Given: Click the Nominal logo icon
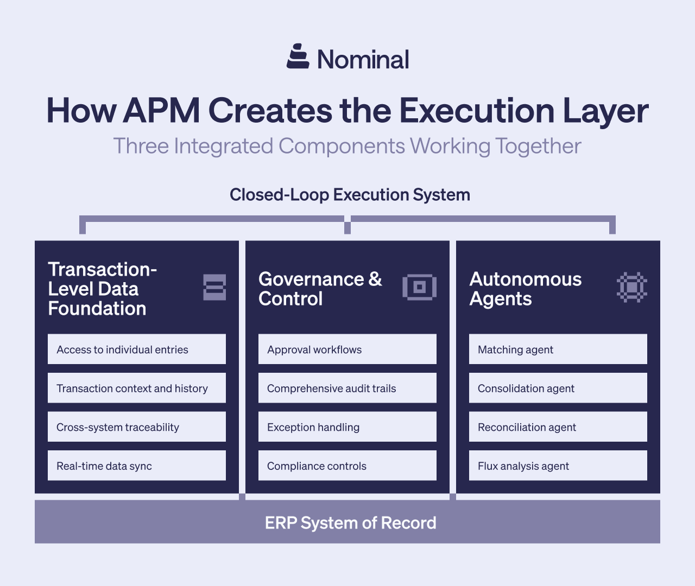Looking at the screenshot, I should tap(298, 56).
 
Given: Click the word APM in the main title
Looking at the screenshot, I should tap(161, 111).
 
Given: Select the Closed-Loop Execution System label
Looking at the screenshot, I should tap(350, 195).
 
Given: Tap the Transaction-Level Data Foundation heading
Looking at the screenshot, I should tap(102, 289).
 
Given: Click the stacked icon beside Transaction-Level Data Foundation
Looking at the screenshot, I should tap(214, 287).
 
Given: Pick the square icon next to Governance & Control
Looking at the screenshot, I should tap(419, 287).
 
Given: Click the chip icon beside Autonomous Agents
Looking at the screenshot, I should tap(631, 287).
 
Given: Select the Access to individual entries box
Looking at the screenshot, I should tap(137, 349).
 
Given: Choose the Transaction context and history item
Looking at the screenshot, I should tap(137, 388).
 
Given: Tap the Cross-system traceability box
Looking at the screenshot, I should tap(137, 427).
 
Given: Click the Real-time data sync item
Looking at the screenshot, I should tap(137, 466).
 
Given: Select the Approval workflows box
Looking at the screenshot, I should tap(347, 349).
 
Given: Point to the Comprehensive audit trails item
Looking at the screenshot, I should tap(347, 388).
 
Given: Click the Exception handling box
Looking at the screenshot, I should tap(347, 427).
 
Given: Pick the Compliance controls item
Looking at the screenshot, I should tap(347, 466).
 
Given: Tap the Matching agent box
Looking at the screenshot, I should tap(558, 349).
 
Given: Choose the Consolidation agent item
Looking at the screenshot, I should tap(558, 388).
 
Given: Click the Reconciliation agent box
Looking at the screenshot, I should tap(558, 427).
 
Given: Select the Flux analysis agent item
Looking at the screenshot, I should tap(558, 466).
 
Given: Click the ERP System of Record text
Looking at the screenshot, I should tap(350, 523).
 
